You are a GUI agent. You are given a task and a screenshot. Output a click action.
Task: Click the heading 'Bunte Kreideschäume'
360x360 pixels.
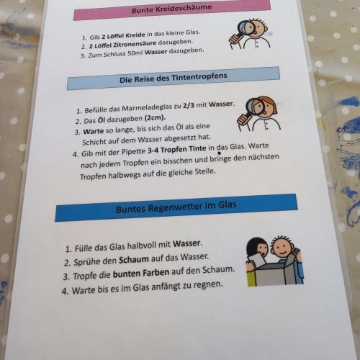(172, 9)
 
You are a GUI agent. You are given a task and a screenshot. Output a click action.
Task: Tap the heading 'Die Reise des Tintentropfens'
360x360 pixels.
(174, 77)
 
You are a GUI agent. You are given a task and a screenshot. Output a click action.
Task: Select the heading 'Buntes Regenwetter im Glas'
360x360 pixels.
(176, 207)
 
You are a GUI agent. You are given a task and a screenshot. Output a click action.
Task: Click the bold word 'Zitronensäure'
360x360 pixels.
(135, 44)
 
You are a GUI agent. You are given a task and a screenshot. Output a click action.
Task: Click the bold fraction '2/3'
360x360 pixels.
(189, 106)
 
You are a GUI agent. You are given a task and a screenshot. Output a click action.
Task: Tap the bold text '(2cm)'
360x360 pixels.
(155, 118)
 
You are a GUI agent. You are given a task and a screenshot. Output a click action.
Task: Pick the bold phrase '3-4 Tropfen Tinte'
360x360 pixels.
(176, 149)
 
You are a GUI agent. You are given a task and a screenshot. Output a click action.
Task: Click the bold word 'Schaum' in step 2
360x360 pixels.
(134, 259)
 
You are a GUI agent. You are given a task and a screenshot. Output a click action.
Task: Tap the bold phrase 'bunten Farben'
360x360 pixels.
(141, 273)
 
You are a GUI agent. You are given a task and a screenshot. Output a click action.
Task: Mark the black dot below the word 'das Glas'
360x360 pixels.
(219, 153)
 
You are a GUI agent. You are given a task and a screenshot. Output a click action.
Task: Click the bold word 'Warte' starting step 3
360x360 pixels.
(94, 131)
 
